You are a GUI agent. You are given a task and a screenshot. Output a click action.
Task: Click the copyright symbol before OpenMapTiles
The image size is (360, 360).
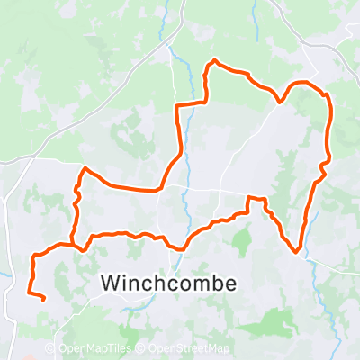(x=51, y=349)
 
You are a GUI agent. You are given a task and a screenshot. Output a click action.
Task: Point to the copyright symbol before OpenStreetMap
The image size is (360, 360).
(x=142, y=349)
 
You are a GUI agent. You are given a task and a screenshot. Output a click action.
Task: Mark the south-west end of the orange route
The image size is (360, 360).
(x=44, y=296)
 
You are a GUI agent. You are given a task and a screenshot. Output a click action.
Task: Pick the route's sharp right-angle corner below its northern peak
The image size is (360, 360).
(x=178, y=107)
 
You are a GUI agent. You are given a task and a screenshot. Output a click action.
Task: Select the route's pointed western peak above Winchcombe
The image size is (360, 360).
(x=85, y=168)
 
